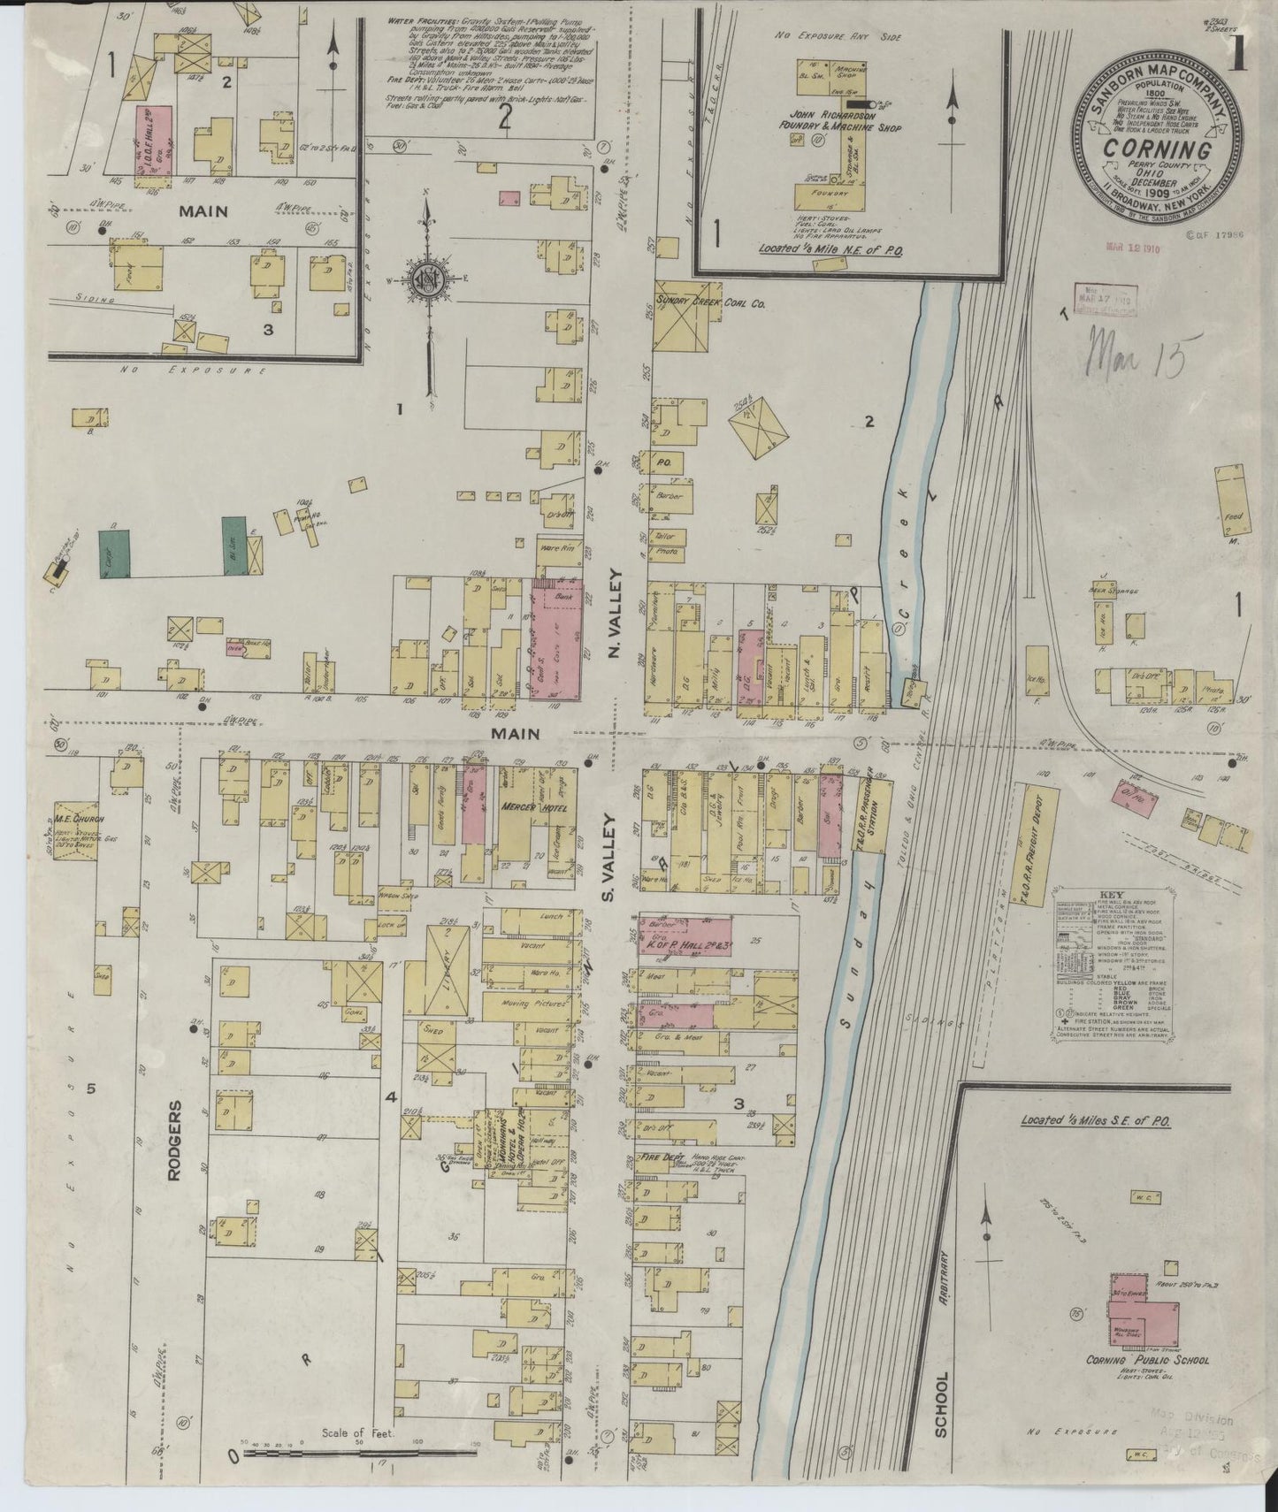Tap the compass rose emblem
[427, 280]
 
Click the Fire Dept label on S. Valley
[658, 1156]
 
